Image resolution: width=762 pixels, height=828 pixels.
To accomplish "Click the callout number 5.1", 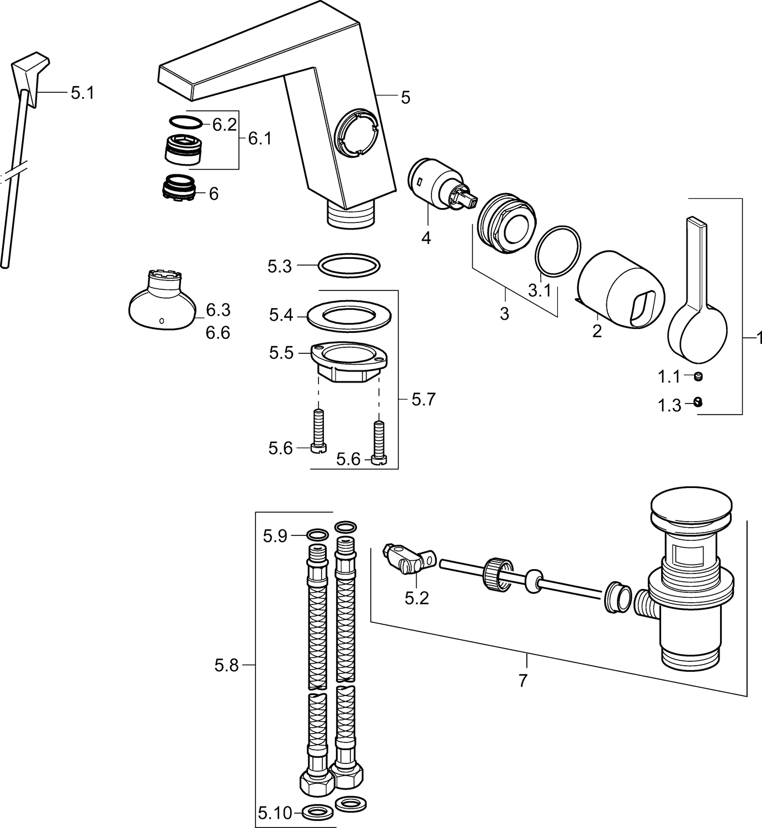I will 82,93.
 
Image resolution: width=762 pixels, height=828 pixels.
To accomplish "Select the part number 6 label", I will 213,194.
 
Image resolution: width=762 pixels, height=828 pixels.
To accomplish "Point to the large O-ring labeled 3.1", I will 558,250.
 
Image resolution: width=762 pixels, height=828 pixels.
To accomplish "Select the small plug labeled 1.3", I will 698,403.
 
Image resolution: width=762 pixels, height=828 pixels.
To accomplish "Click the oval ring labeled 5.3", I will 349,266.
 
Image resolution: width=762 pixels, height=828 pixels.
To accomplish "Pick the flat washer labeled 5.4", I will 349,316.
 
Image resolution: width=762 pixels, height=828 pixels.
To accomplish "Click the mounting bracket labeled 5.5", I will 348,359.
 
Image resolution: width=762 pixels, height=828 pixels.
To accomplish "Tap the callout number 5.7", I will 423,399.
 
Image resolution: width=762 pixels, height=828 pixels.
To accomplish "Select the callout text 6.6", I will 218,333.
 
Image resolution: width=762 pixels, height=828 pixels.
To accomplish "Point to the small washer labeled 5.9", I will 317,534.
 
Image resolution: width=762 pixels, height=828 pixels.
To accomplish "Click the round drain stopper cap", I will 692,506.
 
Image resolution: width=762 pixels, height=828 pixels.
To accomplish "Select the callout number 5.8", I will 226,666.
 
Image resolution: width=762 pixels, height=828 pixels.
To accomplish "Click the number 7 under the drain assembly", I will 523,680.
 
